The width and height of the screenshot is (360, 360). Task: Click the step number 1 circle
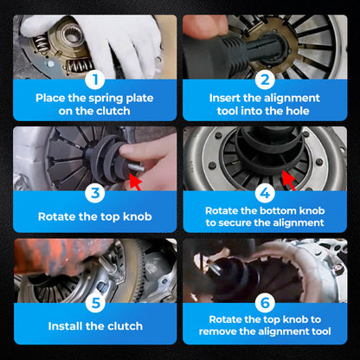click(x=95, y=80)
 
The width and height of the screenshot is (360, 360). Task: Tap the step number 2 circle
click(x=265, y=80)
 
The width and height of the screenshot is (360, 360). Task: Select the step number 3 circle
click(x=95, y=192)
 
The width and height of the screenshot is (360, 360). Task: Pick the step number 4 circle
click(x=265, y=192)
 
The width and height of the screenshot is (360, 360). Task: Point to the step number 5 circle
click(x=95, y=303)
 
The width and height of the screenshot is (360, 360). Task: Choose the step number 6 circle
click(x=265, y=303)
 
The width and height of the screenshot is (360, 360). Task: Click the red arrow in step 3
click(x=135, y=182)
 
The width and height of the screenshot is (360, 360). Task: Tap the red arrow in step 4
click(x=289, y=180)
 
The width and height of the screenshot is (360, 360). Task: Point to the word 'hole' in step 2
click(x=298, y=111)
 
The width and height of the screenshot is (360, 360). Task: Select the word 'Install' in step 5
click(x=66, y=326)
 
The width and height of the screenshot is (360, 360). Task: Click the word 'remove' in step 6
click(x=218, y=331)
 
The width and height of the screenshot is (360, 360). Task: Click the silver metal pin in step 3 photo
click(x=135, y=167)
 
